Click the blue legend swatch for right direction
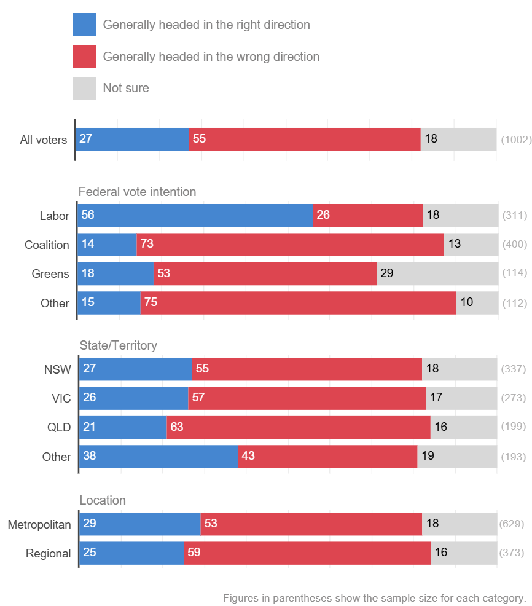pyautogui.click(x=84, y=25)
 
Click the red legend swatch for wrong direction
pyautogui.click(x=84, y=57)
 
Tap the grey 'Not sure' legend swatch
pyautogui.click(x=84, y=88)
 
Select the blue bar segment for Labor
pyautogui.click(x=195, y=216)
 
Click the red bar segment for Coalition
pyautogui.click(x=290, y=245)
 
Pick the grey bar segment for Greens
pyautogui.click(x=437, y=273)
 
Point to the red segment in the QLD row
pyautogui.click(x=299, y=427)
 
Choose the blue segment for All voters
pyautogui.click(x=131, y=139)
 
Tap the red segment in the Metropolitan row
pyautogui.click(x=311, y=524)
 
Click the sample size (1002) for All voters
pyautogui.click(x=516, y=140)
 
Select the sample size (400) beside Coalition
pyautogui.click(x=515, y=245)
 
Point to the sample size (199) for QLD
pyautogui.click(x=514, y=427)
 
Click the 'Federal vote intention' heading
pyautogui.click(x=137, y=192)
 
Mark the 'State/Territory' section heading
pyautogui.click(x=118, y=345)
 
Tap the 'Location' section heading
pyautogui.click(x=103, y=500)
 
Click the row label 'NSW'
pyautogui.click(x=58, y=369)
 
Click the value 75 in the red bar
pyautogui.click(x=151, y=302)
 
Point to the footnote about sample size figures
pyautogui.click(x=374, y=598)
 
